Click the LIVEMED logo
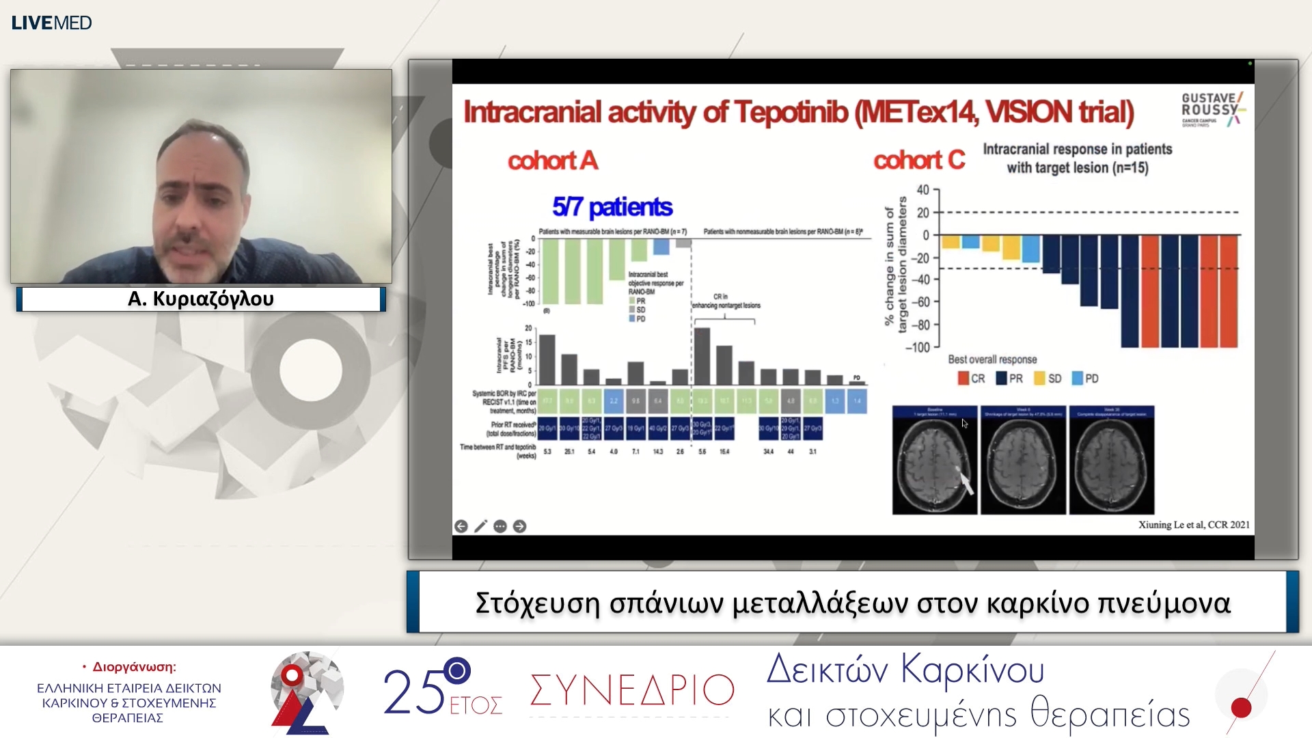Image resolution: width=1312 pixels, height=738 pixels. (51, 23)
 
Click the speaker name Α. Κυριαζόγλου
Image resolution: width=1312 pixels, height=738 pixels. (201, 299)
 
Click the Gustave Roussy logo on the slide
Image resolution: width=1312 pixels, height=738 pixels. (1213, 109)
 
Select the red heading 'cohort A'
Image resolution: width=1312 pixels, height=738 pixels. (552, 161)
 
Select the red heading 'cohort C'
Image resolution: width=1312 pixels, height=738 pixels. (918, 160)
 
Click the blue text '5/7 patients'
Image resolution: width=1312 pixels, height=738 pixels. (612, 206)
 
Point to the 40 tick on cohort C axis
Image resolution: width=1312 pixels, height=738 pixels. (922, 190)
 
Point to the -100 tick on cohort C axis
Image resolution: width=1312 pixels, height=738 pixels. (918, 348)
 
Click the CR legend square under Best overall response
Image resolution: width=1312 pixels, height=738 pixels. (963, 379)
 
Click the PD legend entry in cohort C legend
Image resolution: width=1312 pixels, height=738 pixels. (1085, 379)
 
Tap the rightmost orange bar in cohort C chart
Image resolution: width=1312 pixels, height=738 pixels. (1229, 290)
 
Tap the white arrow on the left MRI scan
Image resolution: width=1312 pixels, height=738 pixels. (966, 482)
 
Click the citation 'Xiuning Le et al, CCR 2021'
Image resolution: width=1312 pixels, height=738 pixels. (1193, 525)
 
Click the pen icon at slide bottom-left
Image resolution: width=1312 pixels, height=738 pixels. (480, 526)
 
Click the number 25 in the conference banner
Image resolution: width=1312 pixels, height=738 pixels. (413, 692)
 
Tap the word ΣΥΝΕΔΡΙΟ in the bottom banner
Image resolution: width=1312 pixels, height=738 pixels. (632, 690)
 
